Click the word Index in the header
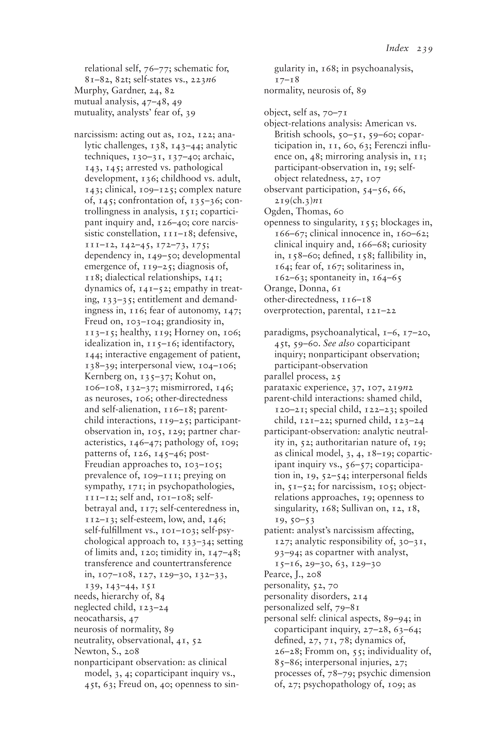[x=397, y=48]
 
